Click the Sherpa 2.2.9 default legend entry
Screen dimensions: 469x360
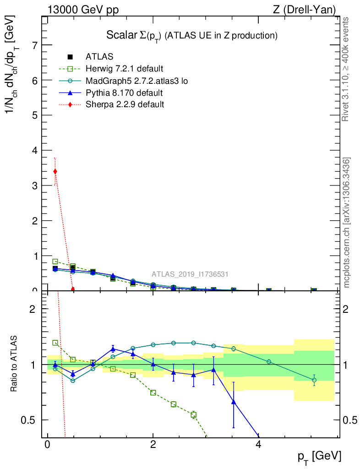tap(125, 104)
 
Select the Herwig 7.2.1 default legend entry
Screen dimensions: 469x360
tap(124, 69)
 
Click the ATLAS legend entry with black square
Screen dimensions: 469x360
tap(99, 57)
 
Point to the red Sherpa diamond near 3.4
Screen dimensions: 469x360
tap(55, 171)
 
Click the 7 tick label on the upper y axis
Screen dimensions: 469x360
tap(34, 45)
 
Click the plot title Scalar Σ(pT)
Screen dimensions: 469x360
tap(192, 35)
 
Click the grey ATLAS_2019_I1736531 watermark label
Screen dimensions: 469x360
tap(190, 274)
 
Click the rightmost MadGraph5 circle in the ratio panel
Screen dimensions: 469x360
tap(314, 380)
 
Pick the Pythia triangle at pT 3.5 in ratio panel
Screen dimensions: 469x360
tap(234, 402)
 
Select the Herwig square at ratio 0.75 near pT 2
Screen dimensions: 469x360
tap(153, 393)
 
